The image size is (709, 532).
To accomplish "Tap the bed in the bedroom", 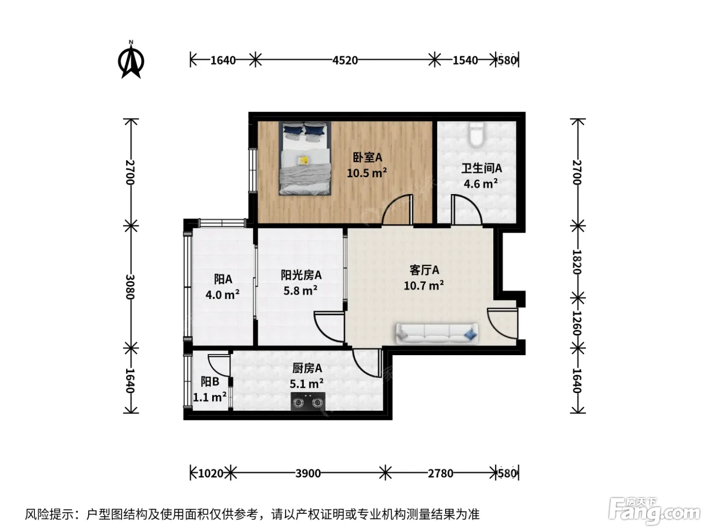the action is pyautogui.click(x=305, y=158).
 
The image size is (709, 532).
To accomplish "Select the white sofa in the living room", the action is pyautogui.click(x=437, y=333).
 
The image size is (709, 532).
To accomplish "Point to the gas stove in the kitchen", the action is pyautogui.click(x=308, y=401).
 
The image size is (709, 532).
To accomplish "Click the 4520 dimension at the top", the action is pyautogui.click(x=345, y=60).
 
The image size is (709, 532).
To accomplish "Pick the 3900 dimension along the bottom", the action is pyautogui.click(x=308, y=474).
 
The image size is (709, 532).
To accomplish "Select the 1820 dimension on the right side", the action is pyautogui.click(x=577, y=261).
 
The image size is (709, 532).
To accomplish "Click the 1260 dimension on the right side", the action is pyautogui.click(x=577, y=323).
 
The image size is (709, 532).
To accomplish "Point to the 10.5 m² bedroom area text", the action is pyautogui.click(x=367, y=173).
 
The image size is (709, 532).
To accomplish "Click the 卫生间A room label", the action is pyautogui.click(x=481, y=168).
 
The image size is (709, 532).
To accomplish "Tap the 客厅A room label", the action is pyautogui.click(x=424, y=270).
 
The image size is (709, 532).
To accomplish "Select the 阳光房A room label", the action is pyautogui.click(x=301, y=275).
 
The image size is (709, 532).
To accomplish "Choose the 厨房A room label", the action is pyautogui.click(x=307, y=368).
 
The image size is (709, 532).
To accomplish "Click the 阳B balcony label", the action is pyautogui.click(x=210, y=382).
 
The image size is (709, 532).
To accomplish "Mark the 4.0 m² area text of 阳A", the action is pyautogui.click(x=222, y=294).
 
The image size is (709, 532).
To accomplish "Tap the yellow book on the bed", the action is pyautogui.click(x=303, y=161).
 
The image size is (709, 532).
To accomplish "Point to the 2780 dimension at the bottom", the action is pyautogui.click(x=440, y=474).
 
